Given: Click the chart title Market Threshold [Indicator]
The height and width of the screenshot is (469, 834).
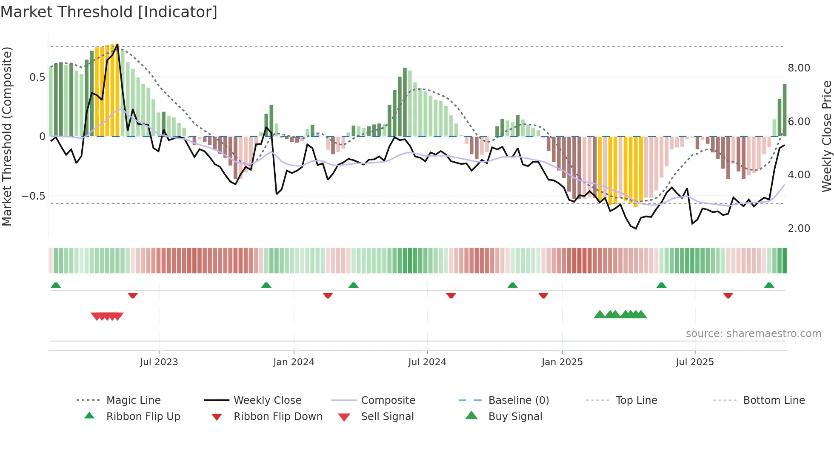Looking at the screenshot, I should pos(109,12).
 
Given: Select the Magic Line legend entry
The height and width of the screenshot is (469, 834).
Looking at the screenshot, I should pos(133,400).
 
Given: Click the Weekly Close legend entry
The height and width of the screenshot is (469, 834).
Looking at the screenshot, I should pos(267,400).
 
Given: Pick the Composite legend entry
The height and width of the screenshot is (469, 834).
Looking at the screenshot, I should pos(388,400).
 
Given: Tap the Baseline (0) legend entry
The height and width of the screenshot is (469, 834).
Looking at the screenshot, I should pos(518,400).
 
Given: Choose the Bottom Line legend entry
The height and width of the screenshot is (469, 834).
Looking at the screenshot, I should pos(774,400).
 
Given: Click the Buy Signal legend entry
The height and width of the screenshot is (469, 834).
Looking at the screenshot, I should pos(515,416).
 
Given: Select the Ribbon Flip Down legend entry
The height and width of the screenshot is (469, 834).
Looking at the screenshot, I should pos(277,416).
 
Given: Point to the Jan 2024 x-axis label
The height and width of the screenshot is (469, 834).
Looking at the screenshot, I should pos(294,362).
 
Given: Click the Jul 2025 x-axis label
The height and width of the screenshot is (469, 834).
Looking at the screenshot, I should pos(694,362).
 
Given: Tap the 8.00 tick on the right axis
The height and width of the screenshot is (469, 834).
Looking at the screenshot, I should pos(799,68).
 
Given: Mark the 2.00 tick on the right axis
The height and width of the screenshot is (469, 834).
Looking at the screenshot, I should pos(799,228).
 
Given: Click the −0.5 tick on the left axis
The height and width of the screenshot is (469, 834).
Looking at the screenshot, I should pos(33,196).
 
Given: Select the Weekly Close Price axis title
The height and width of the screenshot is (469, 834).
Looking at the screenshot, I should pos(826,136).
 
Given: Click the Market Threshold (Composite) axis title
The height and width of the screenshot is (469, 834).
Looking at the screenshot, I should pos(7,136).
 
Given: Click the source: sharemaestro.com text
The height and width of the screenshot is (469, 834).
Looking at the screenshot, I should pos(753,333).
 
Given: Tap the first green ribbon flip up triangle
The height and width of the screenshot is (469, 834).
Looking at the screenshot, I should pos(56,285).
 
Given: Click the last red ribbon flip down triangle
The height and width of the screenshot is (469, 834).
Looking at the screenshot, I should pos(728,295).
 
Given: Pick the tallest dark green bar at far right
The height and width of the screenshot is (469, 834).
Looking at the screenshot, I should pos(785,110).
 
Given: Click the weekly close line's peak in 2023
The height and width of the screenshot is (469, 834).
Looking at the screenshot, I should pos(117,45).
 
